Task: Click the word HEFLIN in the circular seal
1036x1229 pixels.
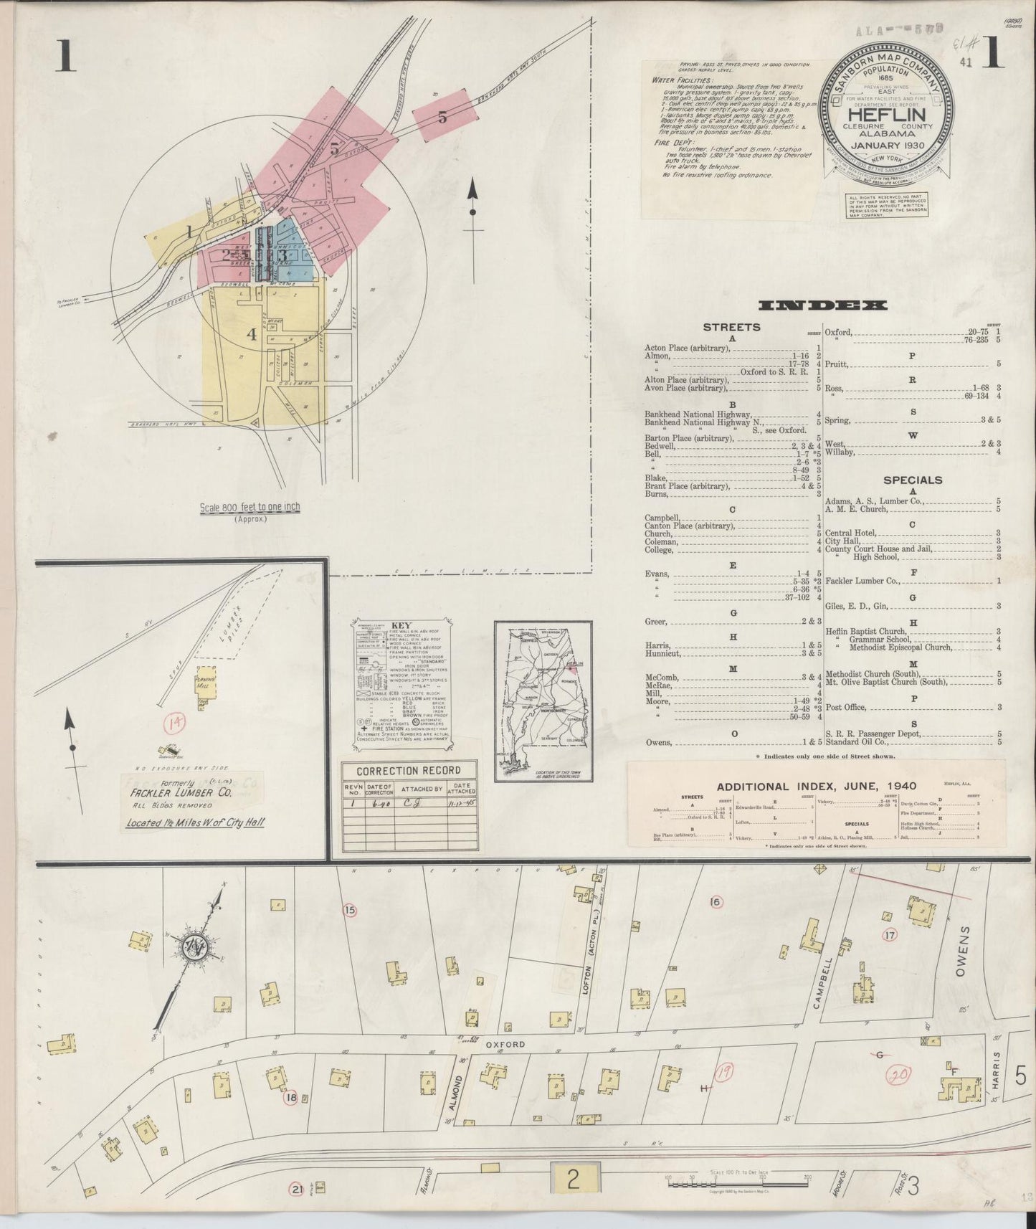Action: coord(887,114)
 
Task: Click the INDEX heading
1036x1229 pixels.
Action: coord(822,305)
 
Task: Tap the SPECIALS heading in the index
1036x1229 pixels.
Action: coord(912,480)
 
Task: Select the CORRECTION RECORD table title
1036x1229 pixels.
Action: coord(409,771)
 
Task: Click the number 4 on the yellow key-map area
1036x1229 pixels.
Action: coord(251,333)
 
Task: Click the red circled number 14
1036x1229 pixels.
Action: coord(172,723)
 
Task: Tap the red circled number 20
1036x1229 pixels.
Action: coord(898,1074)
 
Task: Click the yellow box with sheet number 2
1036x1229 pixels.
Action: coord(573,1178)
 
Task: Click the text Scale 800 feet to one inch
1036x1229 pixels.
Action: coord(250,507)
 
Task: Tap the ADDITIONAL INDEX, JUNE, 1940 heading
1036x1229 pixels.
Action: coord(816,786)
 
